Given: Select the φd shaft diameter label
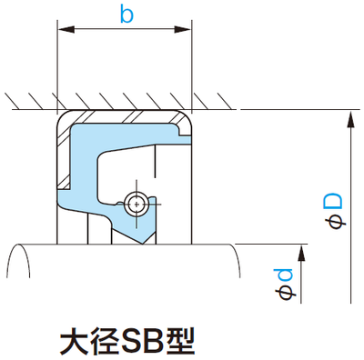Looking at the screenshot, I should click(285, 284).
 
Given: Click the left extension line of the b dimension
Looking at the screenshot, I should click(57, 64).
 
